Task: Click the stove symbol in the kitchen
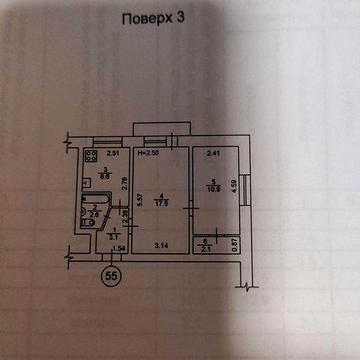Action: tap(91, 156)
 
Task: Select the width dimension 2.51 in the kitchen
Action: tap(114, 154)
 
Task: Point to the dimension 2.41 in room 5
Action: tap(214, 154)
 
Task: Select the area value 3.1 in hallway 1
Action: tap(113, 236)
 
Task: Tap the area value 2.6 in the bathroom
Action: tap(97, 214)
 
